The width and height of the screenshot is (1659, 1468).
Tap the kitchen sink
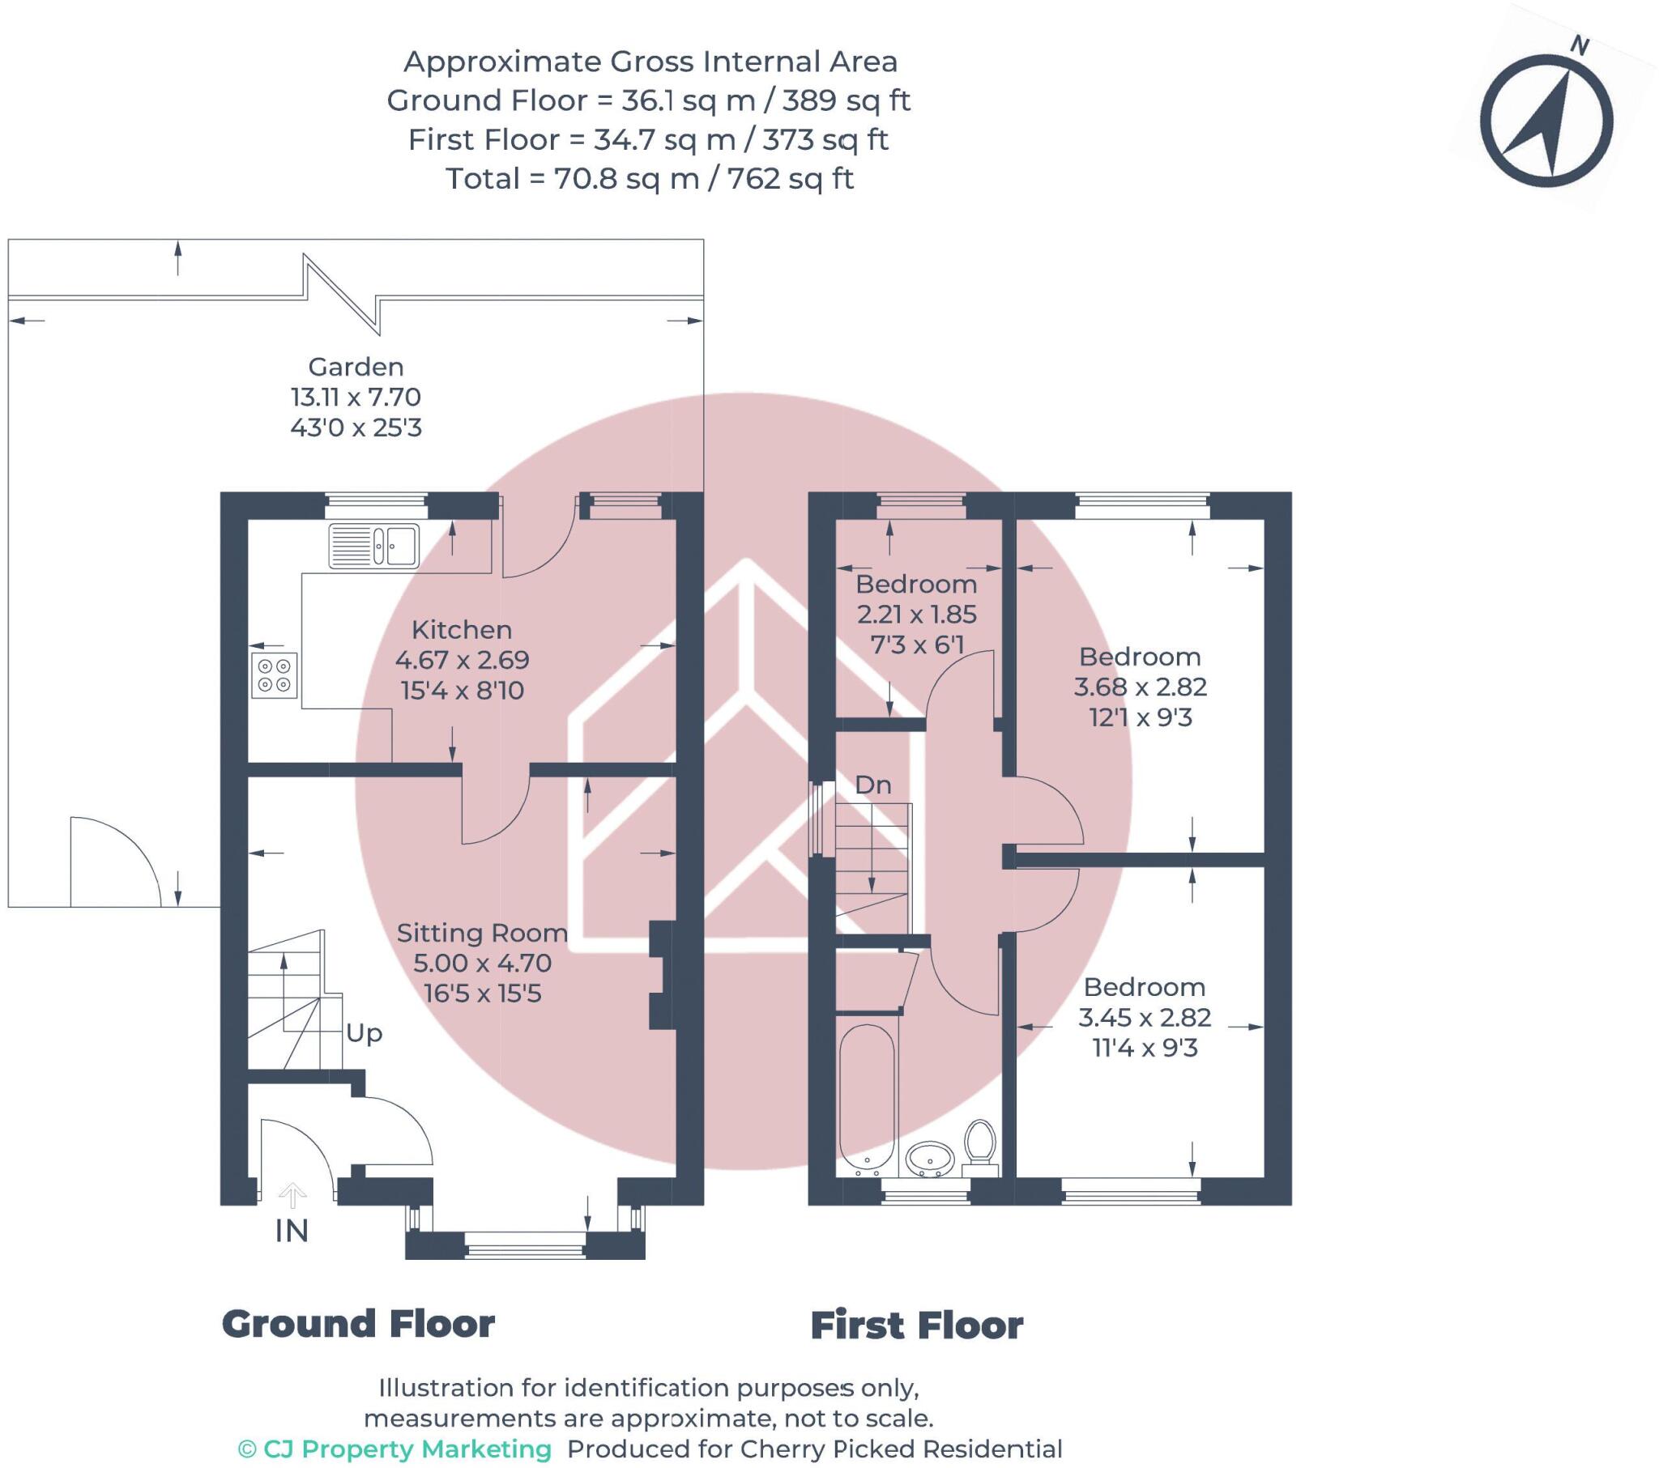tap(374, 544)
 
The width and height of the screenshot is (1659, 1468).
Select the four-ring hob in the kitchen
tap(275, 675)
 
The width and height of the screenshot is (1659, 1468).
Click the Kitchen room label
tap(461, 630)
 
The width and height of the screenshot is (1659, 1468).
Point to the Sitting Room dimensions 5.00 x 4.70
tap(482, 963)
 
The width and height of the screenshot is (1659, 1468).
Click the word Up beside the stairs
tap(364, 1033)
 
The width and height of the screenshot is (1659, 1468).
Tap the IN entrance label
tap(292, 1231)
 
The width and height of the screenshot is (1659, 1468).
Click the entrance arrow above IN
tap(292, 1194)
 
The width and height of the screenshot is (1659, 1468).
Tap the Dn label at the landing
tap(872, 785)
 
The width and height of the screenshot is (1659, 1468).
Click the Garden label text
tap(356, 367)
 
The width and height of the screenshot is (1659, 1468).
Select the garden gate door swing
tap(113, 862)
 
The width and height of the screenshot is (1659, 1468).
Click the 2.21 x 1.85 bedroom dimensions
tap(916, 615)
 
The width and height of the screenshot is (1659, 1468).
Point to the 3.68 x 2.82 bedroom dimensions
tap(1140, 687)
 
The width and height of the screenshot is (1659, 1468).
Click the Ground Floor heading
tap(358, 1325)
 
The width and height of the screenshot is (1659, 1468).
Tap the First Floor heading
tap(916, 1327)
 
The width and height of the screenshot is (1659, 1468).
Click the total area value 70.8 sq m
tap(626, 178)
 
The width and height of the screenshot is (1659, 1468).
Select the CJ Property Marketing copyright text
tap(394, 1449)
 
